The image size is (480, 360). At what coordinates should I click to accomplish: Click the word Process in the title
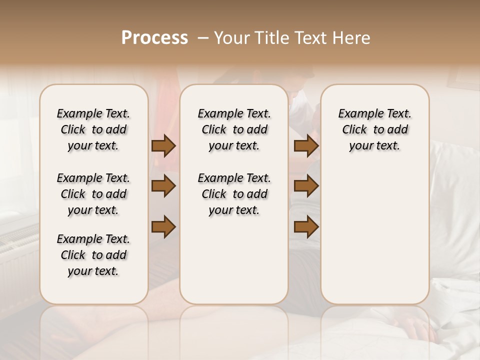tap(154, 38)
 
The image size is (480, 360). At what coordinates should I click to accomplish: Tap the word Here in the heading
tap(352, 38)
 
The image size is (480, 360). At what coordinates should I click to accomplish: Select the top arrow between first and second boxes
tap(163, 146)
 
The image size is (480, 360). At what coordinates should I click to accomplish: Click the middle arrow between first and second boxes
tap(163, 186)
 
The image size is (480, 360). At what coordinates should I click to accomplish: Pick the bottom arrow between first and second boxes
tap(163, 226)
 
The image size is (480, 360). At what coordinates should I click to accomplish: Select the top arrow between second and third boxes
tap(306, 146)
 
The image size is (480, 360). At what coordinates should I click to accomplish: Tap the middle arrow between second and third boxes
tap(306, 186)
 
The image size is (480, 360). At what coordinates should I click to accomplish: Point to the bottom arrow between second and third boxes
tap(306, 226)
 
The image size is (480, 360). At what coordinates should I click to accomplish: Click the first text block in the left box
tap(93, 129)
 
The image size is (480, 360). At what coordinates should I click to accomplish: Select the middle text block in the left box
tap(93, 194)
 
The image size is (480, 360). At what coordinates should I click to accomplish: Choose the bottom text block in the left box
tap(93, 255)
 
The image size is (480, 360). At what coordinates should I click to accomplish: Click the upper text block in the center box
tap(234, 129)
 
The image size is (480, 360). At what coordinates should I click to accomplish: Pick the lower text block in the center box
tap(234, 194)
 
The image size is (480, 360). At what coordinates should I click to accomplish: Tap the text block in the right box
tap(374, 129)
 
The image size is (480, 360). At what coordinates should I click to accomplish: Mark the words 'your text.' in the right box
tap(374, 145)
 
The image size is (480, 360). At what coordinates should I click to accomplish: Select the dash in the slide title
tap(203, 38)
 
